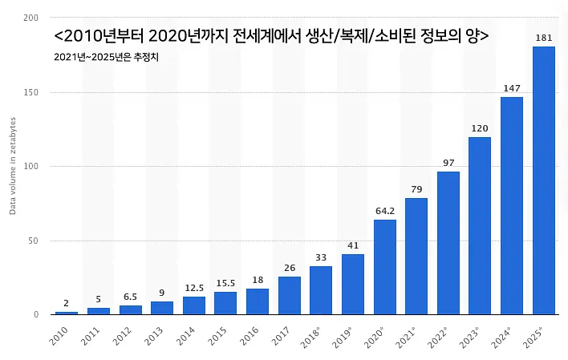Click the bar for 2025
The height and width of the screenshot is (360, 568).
(x=543, y=180)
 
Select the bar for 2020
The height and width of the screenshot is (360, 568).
(x=385, y=267)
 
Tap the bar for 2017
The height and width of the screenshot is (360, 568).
(x=290, y=296)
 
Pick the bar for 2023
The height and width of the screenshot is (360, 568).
(x=480, y=225)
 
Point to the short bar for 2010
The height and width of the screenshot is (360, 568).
(x=67, y=313)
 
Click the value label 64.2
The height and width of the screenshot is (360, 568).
(x=385, y=211)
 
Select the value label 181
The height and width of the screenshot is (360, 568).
(x=544, y=38)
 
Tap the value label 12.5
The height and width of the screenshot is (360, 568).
(x=194, y=288)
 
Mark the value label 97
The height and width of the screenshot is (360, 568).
(x=448, y=163)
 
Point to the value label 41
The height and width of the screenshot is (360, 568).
(x=353, y=245)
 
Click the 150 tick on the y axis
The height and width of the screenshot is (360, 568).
(x=30, y=92)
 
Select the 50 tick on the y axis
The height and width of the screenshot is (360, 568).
(x=34, y=241)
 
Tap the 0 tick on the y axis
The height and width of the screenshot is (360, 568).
(x=36, y=315)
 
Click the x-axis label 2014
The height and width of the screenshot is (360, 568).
(x=185, y=336)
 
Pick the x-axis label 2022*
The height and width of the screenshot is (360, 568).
(x=437, y=338)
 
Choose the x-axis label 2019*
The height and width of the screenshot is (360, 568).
(x=342, y=338)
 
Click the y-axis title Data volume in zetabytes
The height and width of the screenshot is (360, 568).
(x=13, y=166)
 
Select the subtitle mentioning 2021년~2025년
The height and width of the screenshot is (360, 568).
(x=106, y=57)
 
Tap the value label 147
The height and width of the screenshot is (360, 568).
(x=512, y=88)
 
